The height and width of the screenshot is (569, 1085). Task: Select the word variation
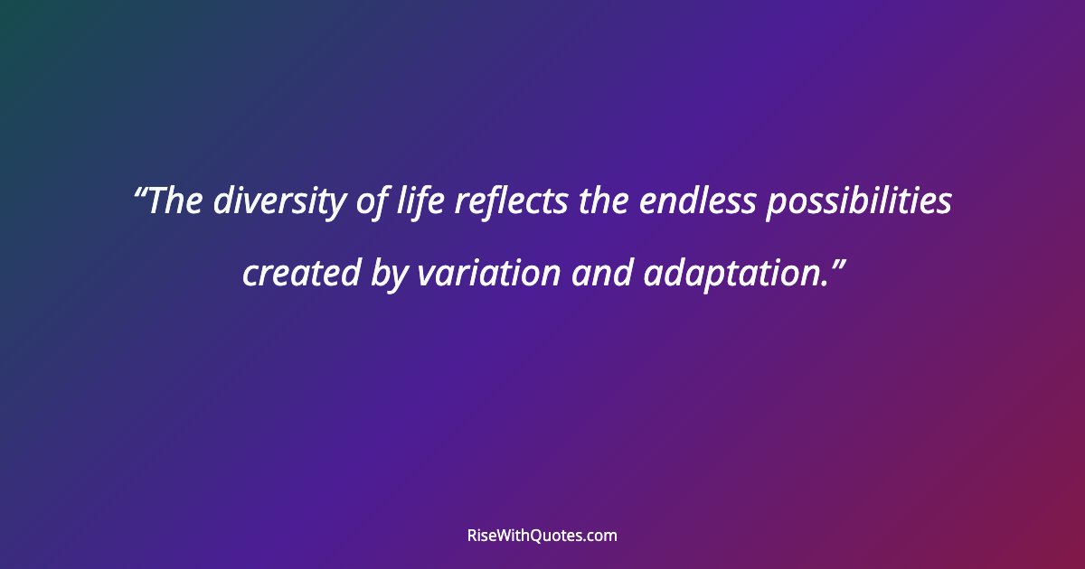(x=488, y=274)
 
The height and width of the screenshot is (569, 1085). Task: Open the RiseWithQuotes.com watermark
(x=542, y=536)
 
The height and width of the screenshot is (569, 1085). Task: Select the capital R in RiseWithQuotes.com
(x=472, y=536)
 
